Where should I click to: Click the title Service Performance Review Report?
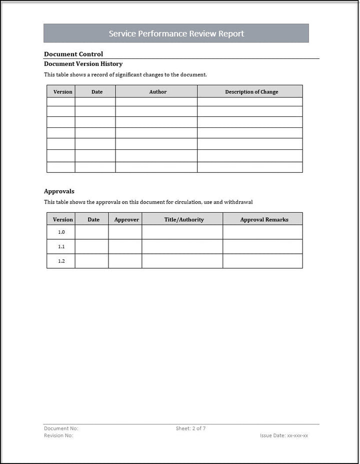click(x=176, y=34)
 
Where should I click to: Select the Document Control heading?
click(x=73, y=54)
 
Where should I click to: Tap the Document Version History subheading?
click(x=83, y=64)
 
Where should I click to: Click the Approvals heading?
click(x=59, y=191)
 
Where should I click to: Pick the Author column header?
click(x=158, y=92)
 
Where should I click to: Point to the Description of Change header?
click(x=251, y=92)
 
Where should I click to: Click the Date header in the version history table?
click(x=97, y=92)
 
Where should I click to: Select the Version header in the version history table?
click(x=62, y=92)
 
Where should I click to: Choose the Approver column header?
click(x=126, y=220)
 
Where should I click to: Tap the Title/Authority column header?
click(x=184, y=220)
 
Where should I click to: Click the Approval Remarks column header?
click(x=264, y=220)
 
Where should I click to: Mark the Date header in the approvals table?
click(x=93, y=220)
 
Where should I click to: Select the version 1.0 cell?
click(x=61, y=232)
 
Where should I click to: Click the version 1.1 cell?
click(x=61, y=247)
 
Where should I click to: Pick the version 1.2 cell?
click(x=61, y=261)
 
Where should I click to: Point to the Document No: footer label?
click(x=61, y=429)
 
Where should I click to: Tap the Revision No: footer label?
click(x=58, y=436)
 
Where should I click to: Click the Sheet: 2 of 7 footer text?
click(x=190, y=429)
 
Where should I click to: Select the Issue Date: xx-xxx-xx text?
click(x=284, y=436)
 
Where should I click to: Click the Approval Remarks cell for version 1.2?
click(x=262, y=261)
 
